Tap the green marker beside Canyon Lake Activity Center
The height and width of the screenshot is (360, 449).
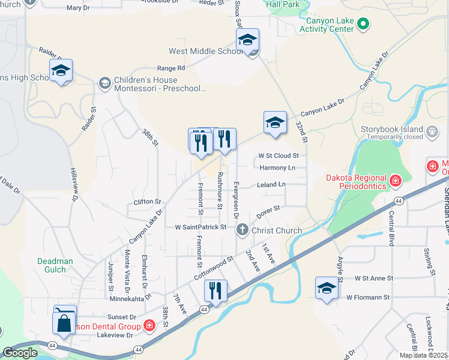pyautogui.click(x=363, y=24)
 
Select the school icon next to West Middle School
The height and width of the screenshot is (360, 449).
pyautogui.click(x=247, y=40)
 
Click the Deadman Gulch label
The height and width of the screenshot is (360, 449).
pyautogui.click(x=55, y=265)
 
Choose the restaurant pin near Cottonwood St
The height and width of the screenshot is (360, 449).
pyautogui.click(x=215, y=291)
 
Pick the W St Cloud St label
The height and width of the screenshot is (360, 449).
pyautogui.click(x=279, y=156)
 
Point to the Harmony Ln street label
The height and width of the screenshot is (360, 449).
pyautogui.click(x=277, y=168)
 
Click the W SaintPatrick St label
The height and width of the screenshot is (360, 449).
pyautogui.click(x=200, y=227)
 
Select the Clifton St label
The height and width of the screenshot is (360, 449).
pyautogui.click(x=147, y=202)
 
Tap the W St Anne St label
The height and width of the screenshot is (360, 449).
pyautogui.click(x=373, y=278)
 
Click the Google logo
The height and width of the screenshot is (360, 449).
pyautogui.click(x=20, y=353)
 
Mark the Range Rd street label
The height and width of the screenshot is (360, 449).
pyautogui.click(x=171, y=68)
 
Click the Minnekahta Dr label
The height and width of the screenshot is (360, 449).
pyautogui.click(x=130, y=298)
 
